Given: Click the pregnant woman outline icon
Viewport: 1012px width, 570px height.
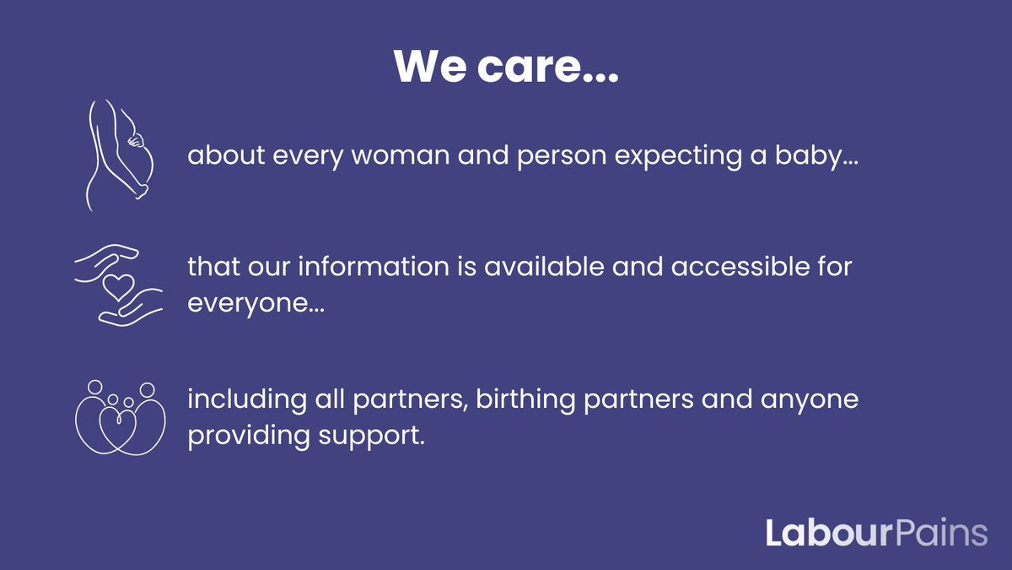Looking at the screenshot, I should click(116, 154).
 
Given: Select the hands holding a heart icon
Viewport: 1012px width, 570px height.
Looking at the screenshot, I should click(117, 285).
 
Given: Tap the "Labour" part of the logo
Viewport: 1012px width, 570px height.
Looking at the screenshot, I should click(815, 533).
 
